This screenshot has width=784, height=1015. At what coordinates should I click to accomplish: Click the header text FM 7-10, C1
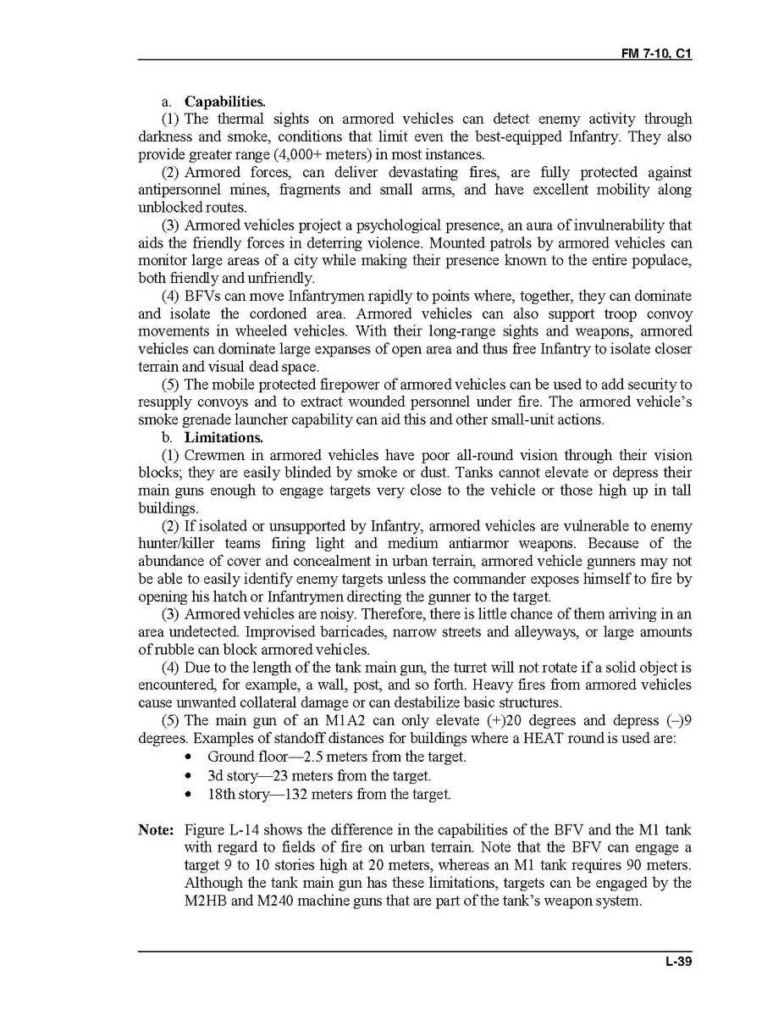(656, 53)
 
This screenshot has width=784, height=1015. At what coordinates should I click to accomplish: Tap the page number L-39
(679, 961)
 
